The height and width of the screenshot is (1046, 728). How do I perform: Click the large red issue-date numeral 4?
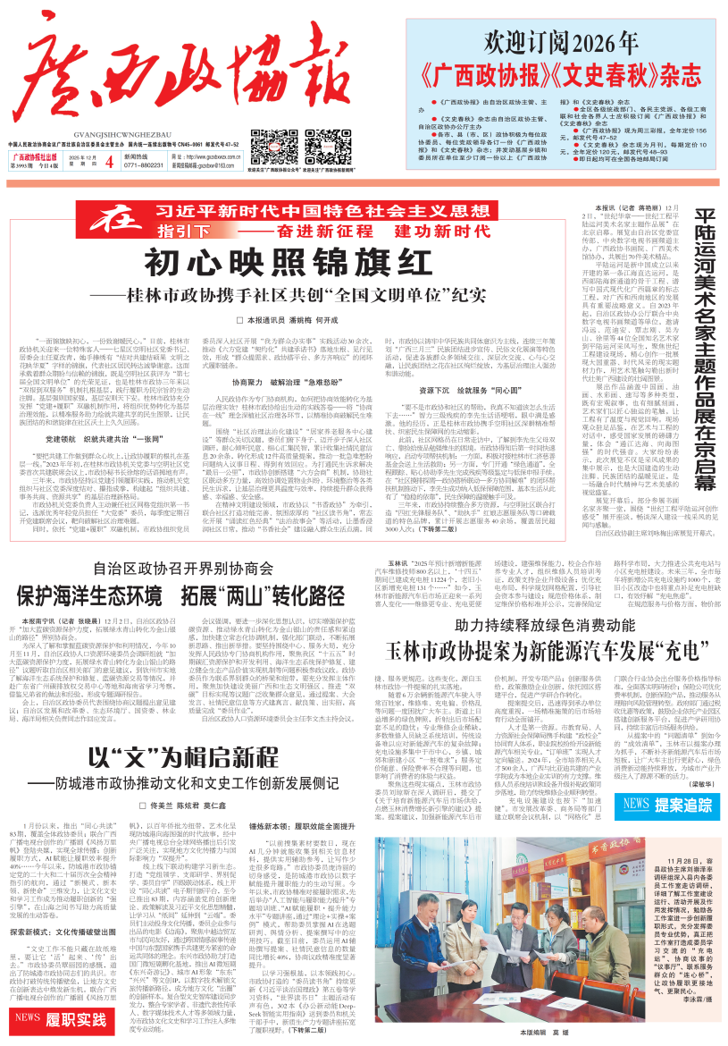[x=109, y=137]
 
